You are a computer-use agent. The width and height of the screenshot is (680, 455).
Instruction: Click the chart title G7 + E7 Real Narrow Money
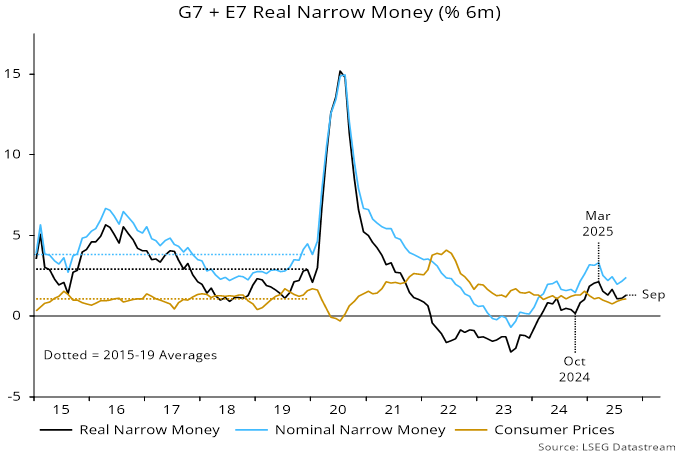[340, 13]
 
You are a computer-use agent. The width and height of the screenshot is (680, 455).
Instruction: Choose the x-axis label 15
[62, 411]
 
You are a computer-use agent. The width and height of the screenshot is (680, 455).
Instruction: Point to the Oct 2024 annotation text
[575, 369]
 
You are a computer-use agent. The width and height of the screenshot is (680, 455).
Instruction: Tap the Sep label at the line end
[653, 294]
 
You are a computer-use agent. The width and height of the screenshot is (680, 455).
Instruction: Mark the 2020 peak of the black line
[340, 72]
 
